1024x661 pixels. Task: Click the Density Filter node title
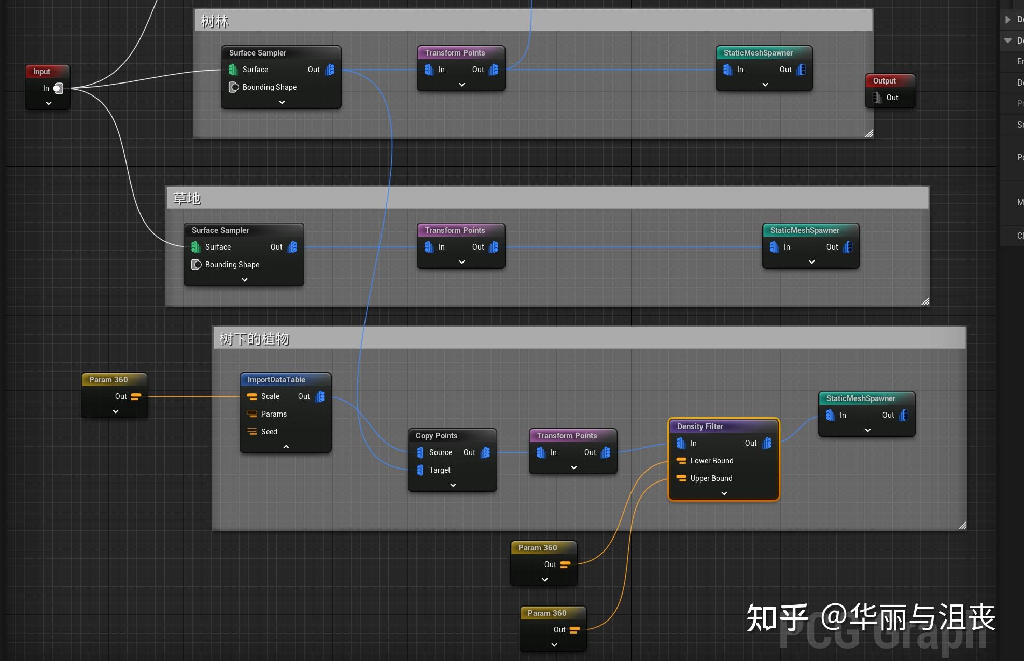(x=700, y=426)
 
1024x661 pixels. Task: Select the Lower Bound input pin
(x=681, y=461)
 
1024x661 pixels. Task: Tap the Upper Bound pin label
(x=711, y=478)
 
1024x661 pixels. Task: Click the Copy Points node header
(x=437, y=436)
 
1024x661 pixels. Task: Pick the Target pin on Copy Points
(x=420, y=470)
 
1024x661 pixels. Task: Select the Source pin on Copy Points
(x=420, y=452)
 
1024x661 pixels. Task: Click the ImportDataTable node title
(x=276, y=380)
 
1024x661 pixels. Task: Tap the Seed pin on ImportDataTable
(x=253, y=432)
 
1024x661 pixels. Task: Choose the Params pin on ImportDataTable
(x=253, y=414)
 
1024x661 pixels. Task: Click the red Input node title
(x=42, y=72)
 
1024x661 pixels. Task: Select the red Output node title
(x=884, y=81)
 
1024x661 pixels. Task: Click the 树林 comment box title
(x=215, y=21)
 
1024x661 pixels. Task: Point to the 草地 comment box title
(x=187, y=199)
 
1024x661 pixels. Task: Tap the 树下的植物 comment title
(x=254, y=339)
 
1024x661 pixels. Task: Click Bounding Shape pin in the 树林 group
(x=234, y=87)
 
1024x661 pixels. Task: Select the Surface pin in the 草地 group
(x=196, y=247)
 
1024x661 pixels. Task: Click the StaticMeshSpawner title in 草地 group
(x=805, y=230)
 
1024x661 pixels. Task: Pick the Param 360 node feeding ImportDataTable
(x=108, y=380)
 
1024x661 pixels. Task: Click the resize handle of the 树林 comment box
(x=869, y=134)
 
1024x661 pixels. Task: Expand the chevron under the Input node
(x=49, y=103)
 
